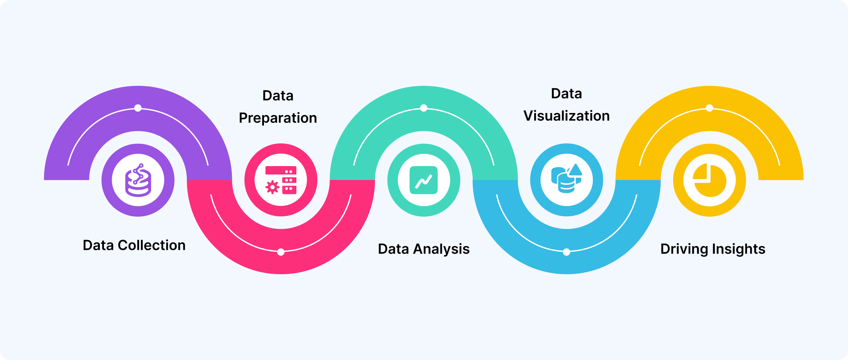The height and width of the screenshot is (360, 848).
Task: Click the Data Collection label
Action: tap(134, 245)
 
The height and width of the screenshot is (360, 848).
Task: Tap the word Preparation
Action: tap(278, 118)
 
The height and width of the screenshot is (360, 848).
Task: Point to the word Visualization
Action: tap(567, 116)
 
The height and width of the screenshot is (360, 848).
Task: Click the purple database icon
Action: tap(138, 180)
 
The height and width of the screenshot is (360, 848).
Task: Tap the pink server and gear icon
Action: tap(281, 180)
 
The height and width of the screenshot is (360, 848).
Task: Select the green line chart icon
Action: tap(424, 180)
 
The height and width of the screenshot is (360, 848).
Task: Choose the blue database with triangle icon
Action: tap(567, 179)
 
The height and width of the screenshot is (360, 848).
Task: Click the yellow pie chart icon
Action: tap(710, 180)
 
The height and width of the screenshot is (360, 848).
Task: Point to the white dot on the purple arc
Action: tap(138, 108)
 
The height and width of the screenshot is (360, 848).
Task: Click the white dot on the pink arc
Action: tap(281, 252)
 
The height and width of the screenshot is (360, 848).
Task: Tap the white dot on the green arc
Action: tap(424, 108)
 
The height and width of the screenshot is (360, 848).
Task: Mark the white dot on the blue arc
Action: tap(567, 252)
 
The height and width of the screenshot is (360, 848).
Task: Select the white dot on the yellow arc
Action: tap(710, 108)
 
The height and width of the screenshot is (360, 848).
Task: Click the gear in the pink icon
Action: tap(272, 187)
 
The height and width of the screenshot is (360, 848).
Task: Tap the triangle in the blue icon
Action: tap(575, 170)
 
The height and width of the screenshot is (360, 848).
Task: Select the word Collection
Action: tap(152, 245)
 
